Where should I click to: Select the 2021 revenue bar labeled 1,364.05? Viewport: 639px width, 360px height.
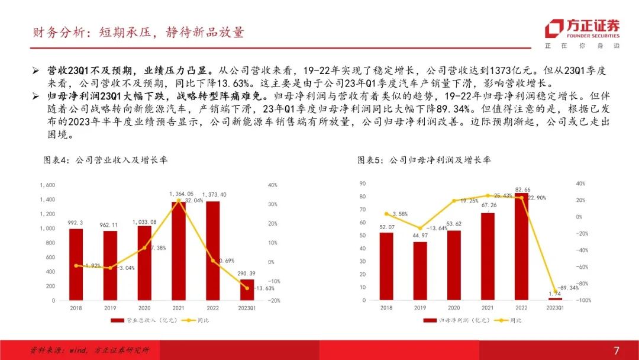pyautogui.click(x=179, y=251)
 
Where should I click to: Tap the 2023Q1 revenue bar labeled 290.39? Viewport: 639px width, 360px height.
pyautogui.click(x=247, y=290)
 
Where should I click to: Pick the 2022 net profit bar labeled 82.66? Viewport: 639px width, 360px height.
pyautogui.click(x=521, y=246)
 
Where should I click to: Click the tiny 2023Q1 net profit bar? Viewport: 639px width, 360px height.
pyautogui.click(x=555, y=299)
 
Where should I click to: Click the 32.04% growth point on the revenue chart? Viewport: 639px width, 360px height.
pyautogui.click(x=179, y=200)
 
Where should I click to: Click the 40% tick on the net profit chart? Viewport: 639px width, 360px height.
pyautogui.click(x=580, y=184)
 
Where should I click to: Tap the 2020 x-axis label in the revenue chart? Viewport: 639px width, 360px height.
pyautogui.click(x=144, y=308)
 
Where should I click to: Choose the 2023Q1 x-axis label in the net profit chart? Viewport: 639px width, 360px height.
pyautogui.click(x=555, y=308)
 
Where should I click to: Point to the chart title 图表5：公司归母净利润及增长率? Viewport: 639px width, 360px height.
pyautogui.click(x=424, y=160)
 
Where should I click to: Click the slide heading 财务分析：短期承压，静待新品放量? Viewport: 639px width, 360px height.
pyautogui.click(x=138, y=33)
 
